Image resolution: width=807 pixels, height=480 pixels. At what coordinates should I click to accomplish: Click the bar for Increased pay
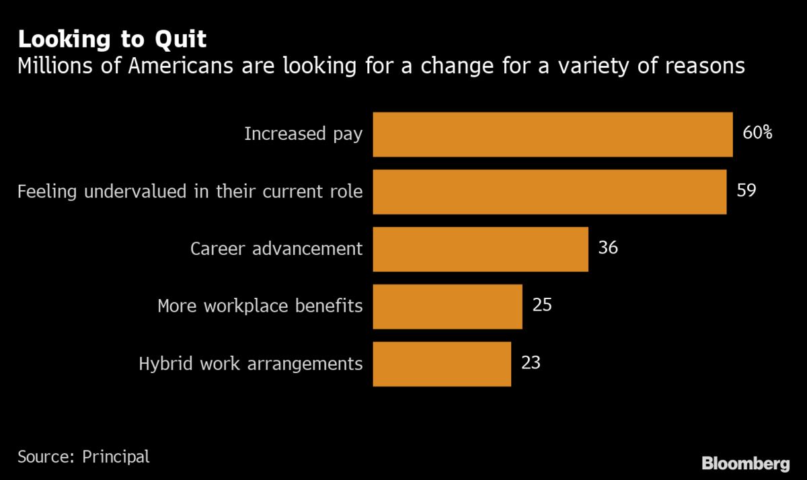[x=552, y=134]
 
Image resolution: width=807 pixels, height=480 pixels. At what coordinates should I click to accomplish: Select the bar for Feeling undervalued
[x=549, y=192]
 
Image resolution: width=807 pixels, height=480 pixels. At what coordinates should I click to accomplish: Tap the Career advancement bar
[x=480, y=249]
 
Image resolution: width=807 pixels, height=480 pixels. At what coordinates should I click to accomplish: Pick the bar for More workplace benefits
[x=447, y=307]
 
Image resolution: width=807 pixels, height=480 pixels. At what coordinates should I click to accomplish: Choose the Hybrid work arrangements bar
[x=442, y=364]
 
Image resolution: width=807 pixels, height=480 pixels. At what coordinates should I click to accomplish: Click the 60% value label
[x=757, y=132]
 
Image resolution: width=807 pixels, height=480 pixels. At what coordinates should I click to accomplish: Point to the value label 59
[x=746, y=190]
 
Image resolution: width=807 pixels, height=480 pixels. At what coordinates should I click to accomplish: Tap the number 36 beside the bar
[x=608, y=248]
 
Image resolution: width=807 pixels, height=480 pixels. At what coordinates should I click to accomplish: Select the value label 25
[x=542, y=305]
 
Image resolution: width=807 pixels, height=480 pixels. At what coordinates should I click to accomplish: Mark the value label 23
[x=531, y=363]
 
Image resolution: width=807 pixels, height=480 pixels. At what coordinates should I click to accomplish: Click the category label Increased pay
[x=303, y=134]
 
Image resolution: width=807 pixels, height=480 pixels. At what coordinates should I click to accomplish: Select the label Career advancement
[x=276, y=249]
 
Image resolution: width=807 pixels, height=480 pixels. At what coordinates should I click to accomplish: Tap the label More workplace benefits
[x=260, y=307]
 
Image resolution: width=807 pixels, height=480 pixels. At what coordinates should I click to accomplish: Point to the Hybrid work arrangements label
[x=251, y=364]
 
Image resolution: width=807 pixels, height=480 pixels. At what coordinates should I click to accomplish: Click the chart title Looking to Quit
[x=112, y=39]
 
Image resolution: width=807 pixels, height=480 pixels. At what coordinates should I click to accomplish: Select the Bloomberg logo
[x=745, y=463]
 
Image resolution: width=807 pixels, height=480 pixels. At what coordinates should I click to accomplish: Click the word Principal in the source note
[x=116, y=457]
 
